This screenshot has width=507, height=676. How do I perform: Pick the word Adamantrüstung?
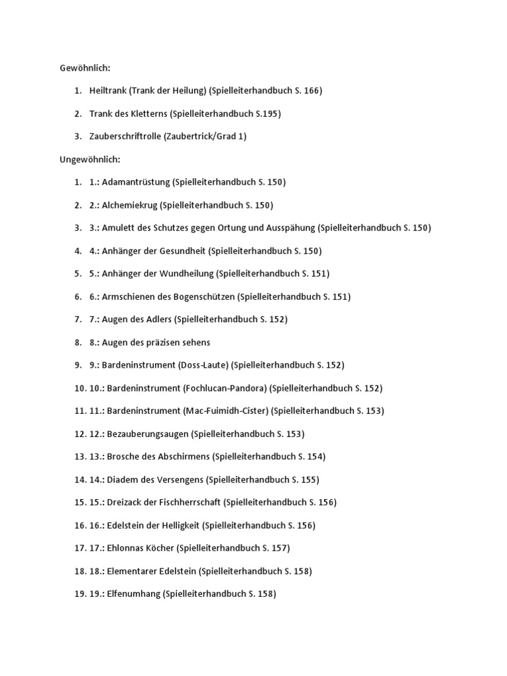[x=136, y=182]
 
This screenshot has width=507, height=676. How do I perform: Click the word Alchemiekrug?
[x=129, y=205]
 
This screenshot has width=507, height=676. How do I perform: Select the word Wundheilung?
[x=188, y=273]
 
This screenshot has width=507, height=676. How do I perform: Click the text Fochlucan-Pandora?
[x=225, y=388]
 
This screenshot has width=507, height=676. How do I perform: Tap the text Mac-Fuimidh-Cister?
[x=226, y=411]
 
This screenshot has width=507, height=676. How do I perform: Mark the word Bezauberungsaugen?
[x=145, y=434]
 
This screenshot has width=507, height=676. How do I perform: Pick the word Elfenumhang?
[x=131, y=593]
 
